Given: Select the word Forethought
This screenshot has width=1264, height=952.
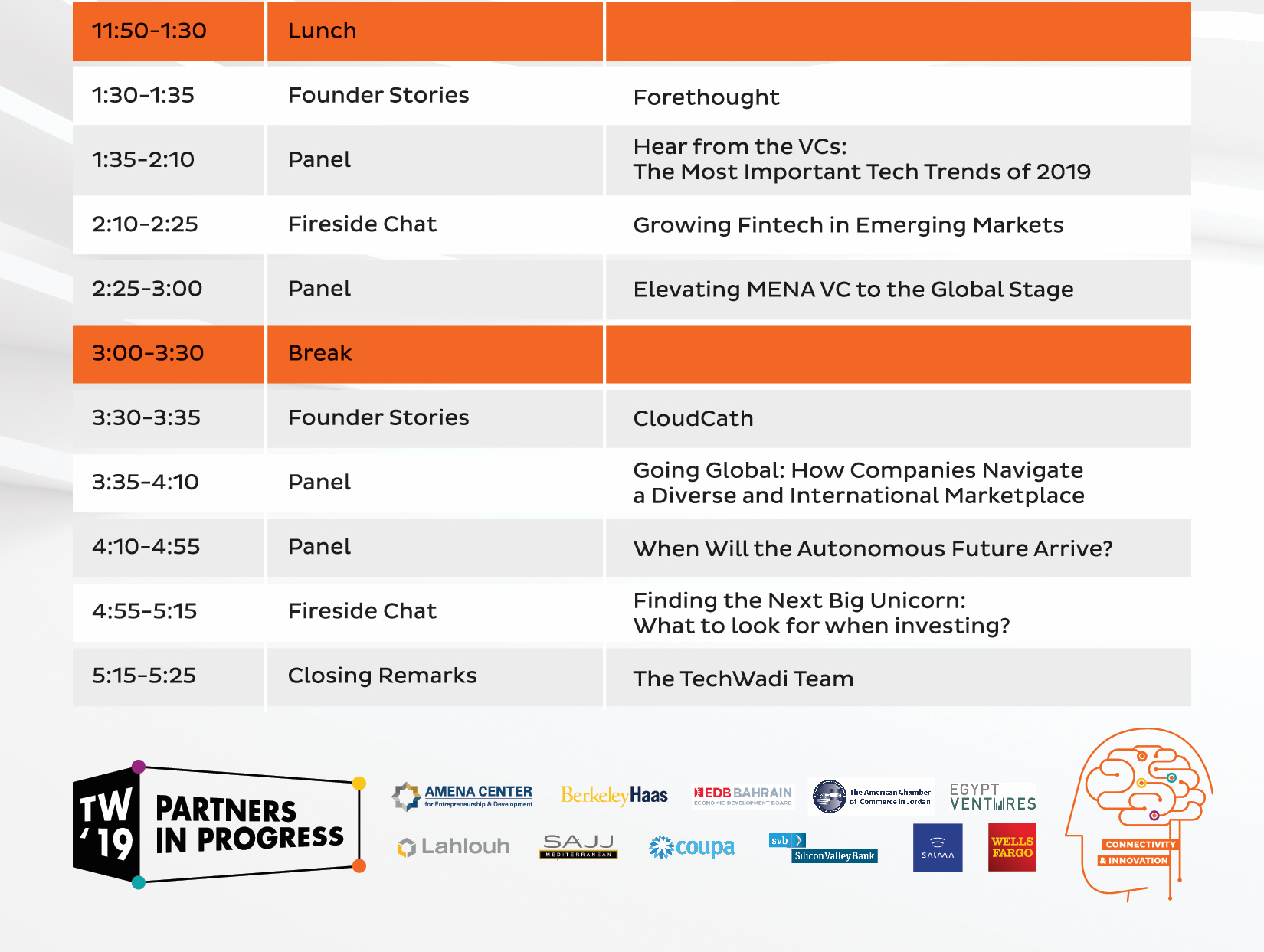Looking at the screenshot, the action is (x=706, y=97).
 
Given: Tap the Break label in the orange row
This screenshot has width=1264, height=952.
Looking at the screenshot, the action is (x=319, y=353).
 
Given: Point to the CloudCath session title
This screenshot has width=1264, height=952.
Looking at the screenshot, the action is (x=693, y=418).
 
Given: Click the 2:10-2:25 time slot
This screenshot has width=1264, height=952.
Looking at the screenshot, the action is (x=145, y=224).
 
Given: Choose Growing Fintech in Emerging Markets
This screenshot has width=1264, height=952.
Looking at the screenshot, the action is (x=848, y=225).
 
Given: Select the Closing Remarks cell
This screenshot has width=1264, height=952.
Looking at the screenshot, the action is (x=382, y=676).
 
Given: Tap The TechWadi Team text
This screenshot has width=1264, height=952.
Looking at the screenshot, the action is (x=743, y=679).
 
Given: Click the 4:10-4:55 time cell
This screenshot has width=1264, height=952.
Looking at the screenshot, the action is (x=146, y=546).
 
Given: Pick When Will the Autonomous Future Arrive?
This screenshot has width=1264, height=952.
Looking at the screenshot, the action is (x=873, y=548).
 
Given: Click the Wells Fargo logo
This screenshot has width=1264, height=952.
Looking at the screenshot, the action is (x=1012, y=847).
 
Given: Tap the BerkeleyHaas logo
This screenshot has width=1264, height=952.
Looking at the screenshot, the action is (x=614, y=795).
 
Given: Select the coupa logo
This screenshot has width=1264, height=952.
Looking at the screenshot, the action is (x=692, y=847).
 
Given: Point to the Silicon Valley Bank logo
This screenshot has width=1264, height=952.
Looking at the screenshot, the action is (x=823, y=849).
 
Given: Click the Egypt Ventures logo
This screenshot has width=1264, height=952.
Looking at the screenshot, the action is (x=993, y=797).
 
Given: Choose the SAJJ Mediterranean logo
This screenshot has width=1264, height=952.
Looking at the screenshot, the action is (x=578, y=846).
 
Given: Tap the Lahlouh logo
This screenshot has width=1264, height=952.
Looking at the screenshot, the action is (x=454, y=846).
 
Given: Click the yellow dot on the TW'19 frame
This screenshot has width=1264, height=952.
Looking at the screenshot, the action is (x=359, y=783).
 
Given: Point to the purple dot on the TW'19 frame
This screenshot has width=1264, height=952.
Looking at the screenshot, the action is (x=138, y=766).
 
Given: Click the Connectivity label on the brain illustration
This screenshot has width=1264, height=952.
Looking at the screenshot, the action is (x=1140, y=844).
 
